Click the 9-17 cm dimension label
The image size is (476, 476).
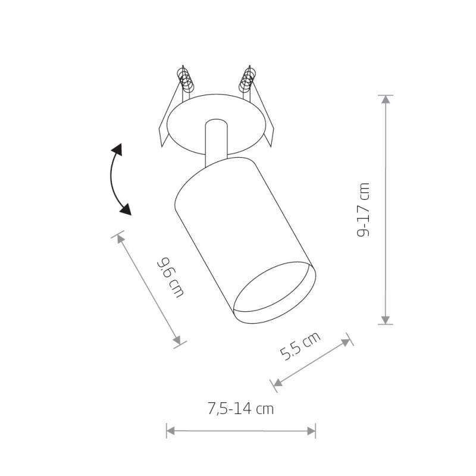[x=363, y=209]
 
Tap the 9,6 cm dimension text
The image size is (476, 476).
[x=170, y=277]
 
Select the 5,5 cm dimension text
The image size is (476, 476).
[x=300, y=346]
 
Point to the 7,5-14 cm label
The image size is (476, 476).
[x=241, y=408]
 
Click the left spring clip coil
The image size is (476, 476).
[x=186, y=80]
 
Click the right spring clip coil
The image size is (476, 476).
[x=248, y=80]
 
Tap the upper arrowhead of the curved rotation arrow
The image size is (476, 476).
[x=117, y=150]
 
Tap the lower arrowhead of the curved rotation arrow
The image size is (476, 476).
[x=126, y=209]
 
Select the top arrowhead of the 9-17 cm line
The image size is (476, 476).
[x=386, y=99]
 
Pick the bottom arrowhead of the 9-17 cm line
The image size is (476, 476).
[x=386, y=320]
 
